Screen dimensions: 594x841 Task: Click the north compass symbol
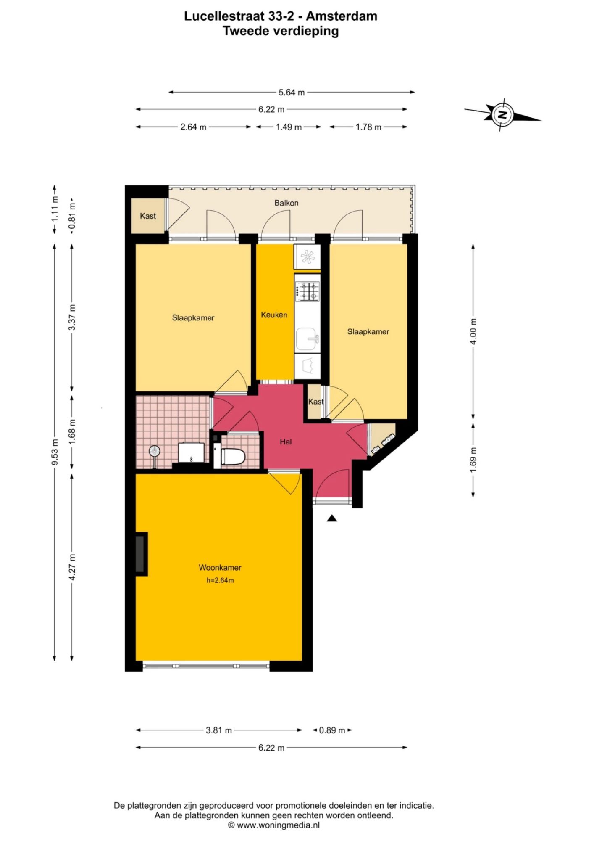(502, 115)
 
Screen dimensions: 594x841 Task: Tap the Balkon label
(286, 203)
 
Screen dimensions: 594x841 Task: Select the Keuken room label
(274, 315)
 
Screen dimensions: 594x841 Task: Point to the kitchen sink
(308, 339)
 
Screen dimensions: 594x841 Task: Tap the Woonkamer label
(220, 568)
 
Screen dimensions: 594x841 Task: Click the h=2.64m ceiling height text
(220, 581)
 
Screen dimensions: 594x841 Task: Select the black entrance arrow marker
(332, 518)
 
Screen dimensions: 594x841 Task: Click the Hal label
(286, 442)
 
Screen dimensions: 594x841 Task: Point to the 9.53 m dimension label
(55, 452)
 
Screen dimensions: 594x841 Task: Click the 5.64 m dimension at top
(292, 93)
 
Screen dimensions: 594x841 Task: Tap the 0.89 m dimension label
(332, 730)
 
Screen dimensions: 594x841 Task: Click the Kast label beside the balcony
(148, 216)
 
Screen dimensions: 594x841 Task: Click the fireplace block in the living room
(141, 554)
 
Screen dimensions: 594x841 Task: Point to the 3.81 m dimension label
(219, 730)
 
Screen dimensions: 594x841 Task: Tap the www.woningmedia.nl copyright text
(274, 825)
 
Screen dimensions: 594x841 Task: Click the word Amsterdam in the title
(342, 16)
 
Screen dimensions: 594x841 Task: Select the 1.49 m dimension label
(289, 127)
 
